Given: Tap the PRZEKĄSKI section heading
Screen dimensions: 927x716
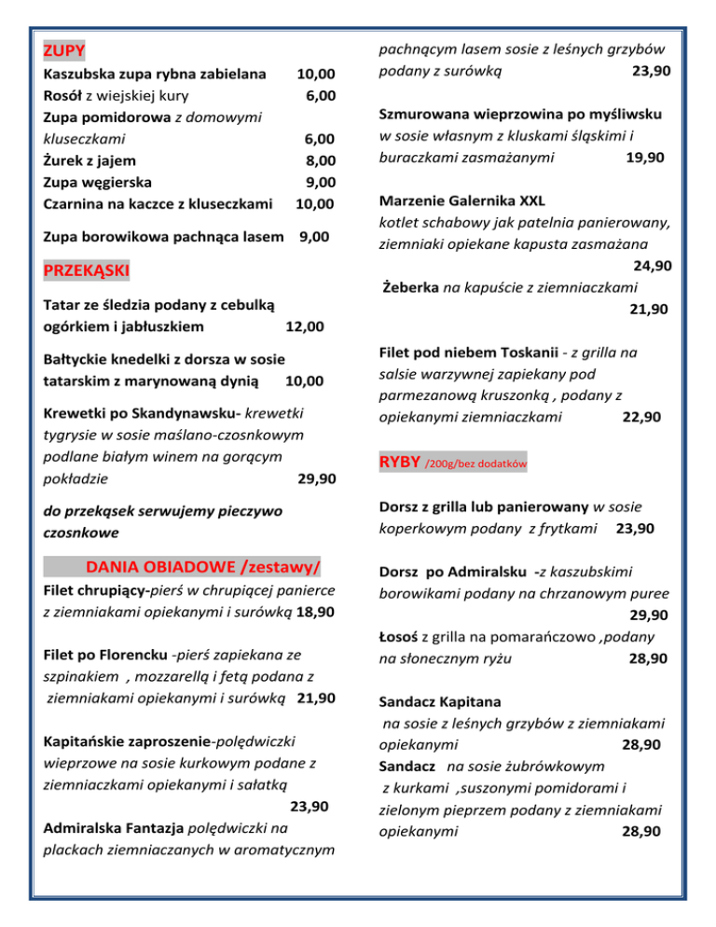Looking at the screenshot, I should click(x=86, y=271).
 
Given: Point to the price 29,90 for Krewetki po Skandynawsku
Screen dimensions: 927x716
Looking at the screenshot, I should click(x=316, y=479).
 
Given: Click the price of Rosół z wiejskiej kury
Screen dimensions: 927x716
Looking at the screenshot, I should click(x=320, y=94).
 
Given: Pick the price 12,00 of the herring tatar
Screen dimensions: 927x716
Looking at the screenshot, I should click(x=305, y=326).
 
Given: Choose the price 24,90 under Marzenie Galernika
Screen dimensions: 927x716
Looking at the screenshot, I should click(x=651, y=266).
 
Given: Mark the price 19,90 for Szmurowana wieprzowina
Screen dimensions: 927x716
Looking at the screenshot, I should click(x=644, y=158).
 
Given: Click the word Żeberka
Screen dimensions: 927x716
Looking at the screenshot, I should click(x=410, y=287).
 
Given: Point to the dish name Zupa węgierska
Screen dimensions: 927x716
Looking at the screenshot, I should click(x=99, y=181).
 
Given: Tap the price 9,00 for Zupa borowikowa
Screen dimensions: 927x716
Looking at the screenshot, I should click(x=313, y=237).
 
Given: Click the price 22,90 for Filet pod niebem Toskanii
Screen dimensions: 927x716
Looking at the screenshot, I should click(x=641, y=417).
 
